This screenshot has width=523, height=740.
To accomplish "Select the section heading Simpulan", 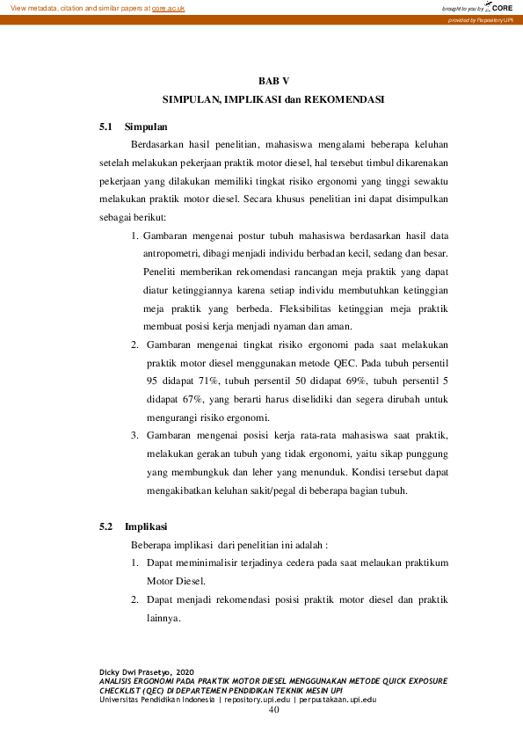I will tap(146, 127).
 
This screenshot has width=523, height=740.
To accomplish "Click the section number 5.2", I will tap(107, 526).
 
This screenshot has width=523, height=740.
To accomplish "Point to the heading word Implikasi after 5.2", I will tap(147, 526).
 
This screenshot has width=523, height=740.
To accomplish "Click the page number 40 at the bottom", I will tap(273, 710).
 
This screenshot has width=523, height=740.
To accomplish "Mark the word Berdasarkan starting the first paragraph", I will tap(160, 144).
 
